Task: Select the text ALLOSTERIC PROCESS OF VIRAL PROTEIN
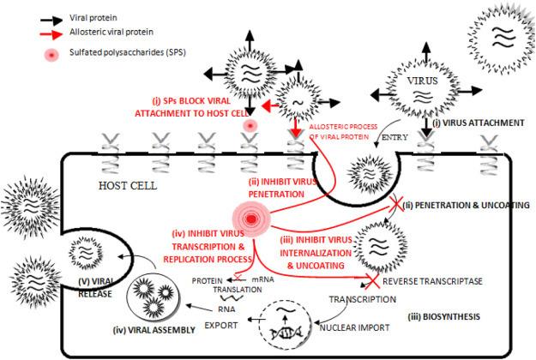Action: point(342,131)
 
